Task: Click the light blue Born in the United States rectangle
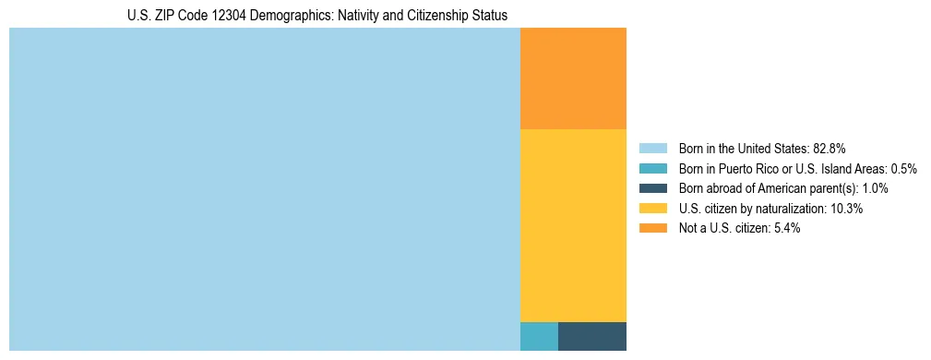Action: tap(265, 189)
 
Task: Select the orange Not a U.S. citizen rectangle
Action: tap(573, 78)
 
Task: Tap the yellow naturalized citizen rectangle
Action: tap(573, 225)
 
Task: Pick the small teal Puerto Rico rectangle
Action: tap(539, 336)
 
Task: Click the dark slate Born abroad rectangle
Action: tap(591, 336)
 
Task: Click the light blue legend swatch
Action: tap(652, 148)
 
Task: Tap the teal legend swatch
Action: tap(652, 168)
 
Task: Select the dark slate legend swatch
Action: tap(652, 188)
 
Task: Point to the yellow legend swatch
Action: tap(652, 209)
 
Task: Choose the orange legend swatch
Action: tap(652, 228)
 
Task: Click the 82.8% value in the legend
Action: tap(830, 148)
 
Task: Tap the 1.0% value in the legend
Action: tap(875, 188)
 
